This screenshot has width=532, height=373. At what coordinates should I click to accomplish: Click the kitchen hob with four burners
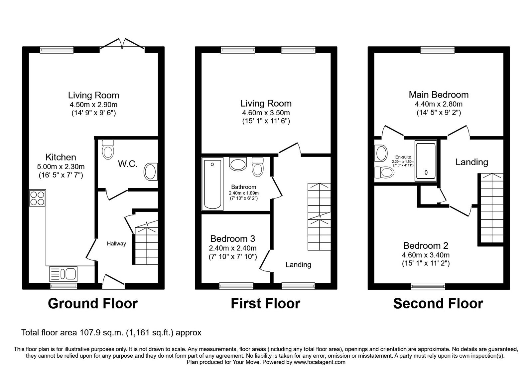37,198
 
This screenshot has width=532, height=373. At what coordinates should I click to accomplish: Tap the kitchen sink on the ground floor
63,273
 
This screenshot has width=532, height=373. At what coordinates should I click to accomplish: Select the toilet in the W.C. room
108,150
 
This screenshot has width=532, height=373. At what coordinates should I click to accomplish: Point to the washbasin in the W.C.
151,172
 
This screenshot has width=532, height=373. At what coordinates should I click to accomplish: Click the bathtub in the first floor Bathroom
212,184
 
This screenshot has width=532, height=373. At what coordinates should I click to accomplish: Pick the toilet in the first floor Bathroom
258,167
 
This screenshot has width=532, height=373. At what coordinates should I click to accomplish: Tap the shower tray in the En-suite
426,161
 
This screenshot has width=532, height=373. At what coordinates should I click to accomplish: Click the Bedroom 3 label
232,238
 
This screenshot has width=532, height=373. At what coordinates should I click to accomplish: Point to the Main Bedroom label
439,95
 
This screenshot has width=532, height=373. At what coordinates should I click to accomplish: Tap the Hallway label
116,243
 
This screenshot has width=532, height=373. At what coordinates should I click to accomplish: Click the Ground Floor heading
93,303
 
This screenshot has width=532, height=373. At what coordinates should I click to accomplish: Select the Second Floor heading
438,303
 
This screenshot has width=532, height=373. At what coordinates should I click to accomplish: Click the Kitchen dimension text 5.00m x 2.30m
61,167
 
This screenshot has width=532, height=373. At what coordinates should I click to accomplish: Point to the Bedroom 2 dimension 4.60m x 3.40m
426,255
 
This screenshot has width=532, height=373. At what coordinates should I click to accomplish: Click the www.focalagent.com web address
320,362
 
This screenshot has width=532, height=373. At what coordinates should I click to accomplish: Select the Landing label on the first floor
298,264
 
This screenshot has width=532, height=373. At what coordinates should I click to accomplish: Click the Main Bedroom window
438,50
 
